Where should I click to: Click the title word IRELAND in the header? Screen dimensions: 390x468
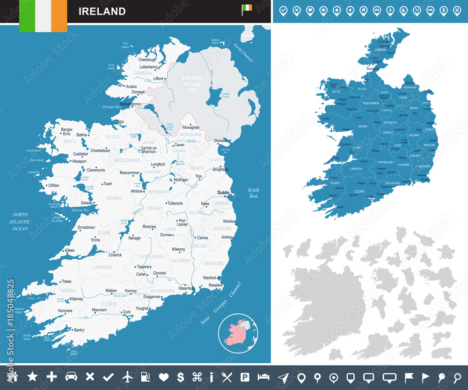102,11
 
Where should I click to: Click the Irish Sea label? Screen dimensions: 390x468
253,193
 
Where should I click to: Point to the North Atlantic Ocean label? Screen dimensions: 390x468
21,221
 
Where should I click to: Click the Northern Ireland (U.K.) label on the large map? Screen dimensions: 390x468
192,83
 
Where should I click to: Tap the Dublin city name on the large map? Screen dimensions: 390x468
223,193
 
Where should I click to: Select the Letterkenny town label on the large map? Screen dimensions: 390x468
147,67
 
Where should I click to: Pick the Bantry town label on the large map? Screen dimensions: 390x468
79,330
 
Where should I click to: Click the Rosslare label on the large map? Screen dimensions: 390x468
215,285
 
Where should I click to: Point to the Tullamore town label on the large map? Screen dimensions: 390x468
176,203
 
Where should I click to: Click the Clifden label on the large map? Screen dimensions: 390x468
53,185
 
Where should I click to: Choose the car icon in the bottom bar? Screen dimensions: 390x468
71,376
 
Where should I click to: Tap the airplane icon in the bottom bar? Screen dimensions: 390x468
127,376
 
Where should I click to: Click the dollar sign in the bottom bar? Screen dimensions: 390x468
180,376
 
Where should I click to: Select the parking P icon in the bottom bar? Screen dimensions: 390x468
244,376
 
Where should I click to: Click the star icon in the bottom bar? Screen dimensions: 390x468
32,376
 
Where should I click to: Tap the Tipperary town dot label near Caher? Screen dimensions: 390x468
144,267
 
